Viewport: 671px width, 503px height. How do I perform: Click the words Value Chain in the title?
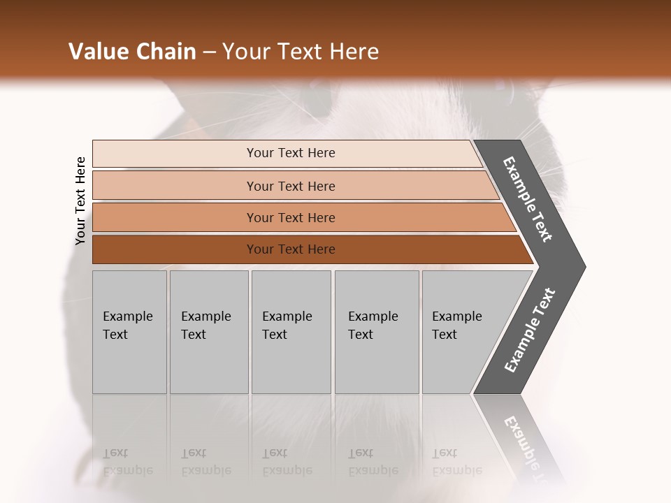(132, 52)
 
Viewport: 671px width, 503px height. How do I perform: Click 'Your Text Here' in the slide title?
(301, 52)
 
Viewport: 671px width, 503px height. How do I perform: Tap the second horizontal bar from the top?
(291, 186)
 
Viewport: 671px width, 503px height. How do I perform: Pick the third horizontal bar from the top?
(291, 217)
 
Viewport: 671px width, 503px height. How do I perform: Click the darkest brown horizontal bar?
(291, 249)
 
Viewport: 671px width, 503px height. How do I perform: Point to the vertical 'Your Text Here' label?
(80, 201)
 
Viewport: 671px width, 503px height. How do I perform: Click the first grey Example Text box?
(129, 331)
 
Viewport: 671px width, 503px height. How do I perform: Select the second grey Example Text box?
(208, 331)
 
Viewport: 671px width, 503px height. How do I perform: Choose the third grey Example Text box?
(290, 331)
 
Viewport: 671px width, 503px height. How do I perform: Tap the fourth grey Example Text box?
(376, 331)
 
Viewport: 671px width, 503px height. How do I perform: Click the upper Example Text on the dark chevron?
(528, 199)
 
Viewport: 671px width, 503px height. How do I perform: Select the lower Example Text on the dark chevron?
(529, 330)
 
